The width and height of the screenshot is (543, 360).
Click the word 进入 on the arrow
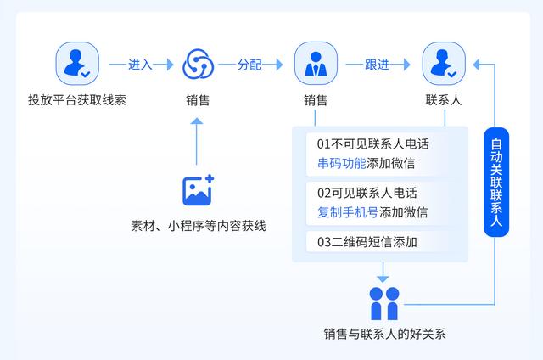click(x=139, y=65)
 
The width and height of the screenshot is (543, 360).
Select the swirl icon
click(x=198, y=65)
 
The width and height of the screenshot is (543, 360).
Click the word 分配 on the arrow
click(x=249, y=65)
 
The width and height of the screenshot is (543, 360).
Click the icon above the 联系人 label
click(x=443, y=65)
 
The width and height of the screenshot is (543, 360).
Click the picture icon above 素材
click(x=198, y=190)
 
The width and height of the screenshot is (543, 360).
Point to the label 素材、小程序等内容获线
click(x=198, y=226)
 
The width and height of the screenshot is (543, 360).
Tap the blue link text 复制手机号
click(x=348, y=211)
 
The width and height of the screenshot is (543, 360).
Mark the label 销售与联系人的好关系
click(x=384, y=334)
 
